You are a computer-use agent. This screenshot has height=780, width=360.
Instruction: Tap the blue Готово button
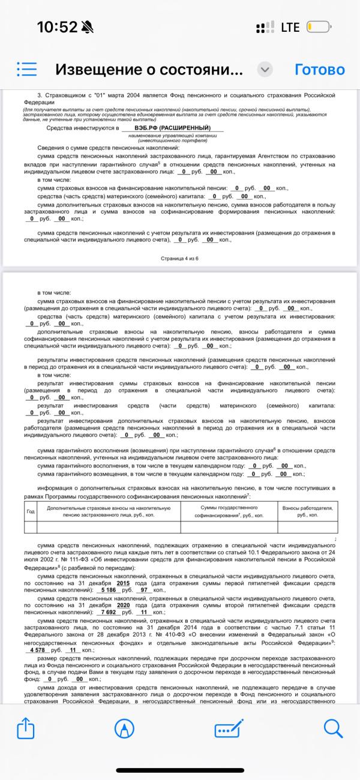(319, 70)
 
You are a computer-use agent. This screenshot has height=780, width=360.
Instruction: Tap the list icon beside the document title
(27, 70)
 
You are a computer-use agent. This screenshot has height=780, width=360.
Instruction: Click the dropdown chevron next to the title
(265, 70)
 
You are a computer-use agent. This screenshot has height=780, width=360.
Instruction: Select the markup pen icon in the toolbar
(124, 730)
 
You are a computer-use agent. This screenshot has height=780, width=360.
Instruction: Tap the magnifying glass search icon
(333, 730)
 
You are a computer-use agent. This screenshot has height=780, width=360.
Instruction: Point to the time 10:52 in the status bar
(58, 27)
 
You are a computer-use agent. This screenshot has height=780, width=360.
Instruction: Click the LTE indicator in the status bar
(290, 27)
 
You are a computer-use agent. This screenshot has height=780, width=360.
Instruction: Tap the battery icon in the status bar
(318, 27)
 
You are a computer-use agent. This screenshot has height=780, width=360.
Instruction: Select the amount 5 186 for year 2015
(107, 590)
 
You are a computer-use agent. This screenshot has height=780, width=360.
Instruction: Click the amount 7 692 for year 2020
(107, 613)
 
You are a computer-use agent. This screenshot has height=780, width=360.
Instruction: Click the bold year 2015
(123, 583)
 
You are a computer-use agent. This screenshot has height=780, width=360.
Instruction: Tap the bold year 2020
(123, 605)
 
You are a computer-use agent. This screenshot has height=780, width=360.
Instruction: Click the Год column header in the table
(31, 511)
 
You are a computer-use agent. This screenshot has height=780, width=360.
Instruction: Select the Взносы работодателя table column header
(307, 511)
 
